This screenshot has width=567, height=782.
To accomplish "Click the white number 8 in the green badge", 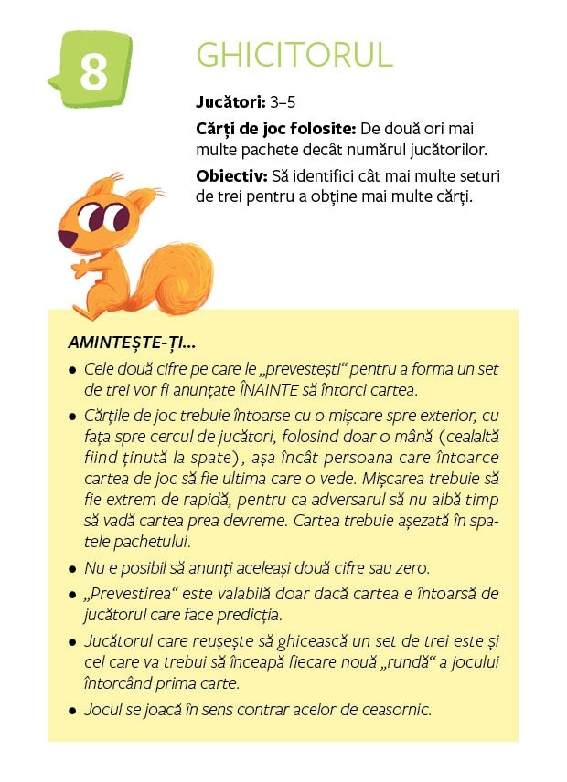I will click(x=92, y=72).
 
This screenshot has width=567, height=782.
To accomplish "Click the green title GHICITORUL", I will click(x=294, y=55).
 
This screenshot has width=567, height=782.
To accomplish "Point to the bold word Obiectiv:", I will click(x=230, y=174).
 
